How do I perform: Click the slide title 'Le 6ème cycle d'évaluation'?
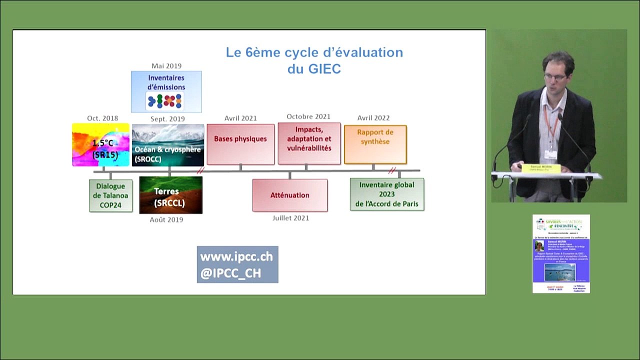tap(314, 52)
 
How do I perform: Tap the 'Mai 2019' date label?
tap(166, 66)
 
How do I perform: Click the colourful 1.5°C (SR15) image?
tap(101, 144)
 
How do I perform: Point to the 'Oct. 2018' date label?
tap(102, 118)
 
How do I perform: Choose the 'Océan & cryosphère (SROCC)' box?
tap(168, 145)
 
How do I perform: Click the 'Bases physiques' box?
tap(240, 144)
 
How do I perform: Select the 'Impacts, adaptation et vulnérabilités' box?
tap(309, 143)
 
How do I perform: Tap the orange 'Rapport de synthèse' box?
tap(375, 144)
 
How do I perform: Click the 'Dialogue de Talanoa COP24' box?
tap(110, 195)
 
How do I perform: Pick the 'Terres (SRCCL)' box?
tap(170, 195)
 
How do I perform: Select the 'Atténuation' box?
tap(290, 195)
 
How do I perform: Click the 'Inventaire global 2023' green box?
tap(387, 194)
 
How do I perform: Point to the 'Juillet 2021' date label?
tap(290, 218)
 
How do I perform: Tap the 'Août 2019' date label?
tap(166, 219)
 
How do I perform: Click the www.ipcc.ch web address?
tap(236, 257)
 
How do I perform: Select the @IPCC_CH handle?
tap(230, 273)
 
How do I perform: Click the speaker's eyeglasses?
tap(554, 77)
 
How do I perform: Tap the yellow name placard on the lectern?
tap(541, 168)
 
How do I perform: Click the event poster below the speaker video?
tap(561, 253)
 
